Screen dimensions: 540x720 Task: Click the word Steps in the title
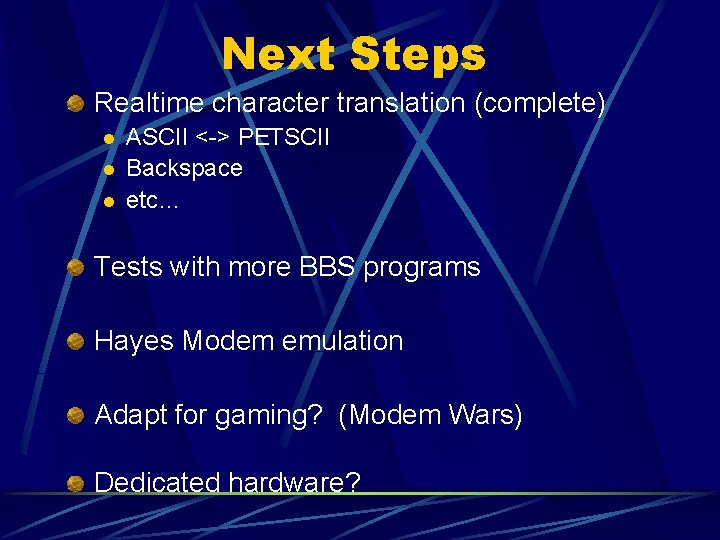pyautogui.click(x=418, y=54)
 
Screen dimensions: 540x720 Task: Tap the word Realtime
pyautogui.click(x=148, y=103)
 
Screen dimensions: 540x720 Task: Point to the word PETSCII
pyautogui.click(x=283, y=136)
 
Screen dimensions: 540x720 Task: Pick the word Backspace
pyautogui.click(x=184, y=168)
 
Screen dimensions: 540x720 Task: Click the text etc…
pyautogui.click(x=152, y=200)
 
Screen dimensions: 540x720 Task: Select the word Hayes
pyautogui.click(x=134, y=341)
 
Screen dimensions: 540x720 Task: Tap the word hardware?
pyautogui.click(x=294, y=483)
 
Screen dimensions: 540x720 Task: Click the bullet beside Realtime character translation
pyautogui.click(x=75, y=103)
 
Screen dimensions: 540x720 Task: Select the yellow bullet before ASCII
pyautogui.click(x=109, y=137)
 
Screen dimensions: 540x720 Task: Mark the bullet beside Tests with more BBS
pyautogui.click(x=75, y=267)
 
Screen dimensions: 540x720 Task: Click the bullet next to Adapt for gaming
pyautogui.click(x=75, y=415)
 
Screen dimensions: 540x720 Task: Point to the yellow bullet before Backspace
pyautogui.click(x=109, y=169)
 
